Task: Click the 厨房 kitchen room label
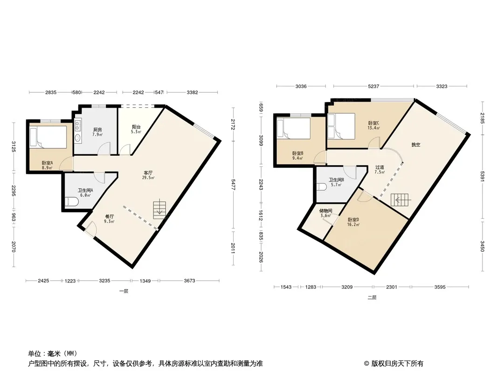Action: [x=97, y=130]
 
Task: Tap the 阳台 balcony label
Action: [x=136, y=127]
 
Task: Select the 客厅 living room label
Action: [x=148, y=173]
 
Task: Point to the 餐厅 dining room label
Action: [x=110, y=216]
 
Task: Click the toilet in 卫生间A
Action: [x=72, y=201]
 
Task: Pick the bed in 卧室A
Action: [x=48, y=137]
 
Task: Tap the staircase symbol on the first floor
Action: [x=159, y=209]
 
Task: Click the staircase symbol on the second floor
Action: [x=400, y=200]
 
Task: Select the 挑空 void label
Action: [x=416, y=145]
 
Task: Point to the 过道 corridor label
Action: [x=380, y=167]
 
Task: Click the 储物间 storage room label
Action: [x=326, y=211]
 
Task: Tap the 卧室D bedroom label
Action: [x=353, y=220]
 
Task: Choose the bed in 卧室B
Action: [x=293, y=128]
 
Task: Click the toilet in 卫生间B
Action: [x=322, y=187]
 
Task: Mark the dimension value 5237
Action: [x=373, y=86]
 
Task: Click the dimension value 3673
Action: [x=190, y=281]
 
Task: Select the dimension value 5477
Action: [x=234, y=185]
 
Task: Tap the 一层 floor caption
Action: [x=124, y=291]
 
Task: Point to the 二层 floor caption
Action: [x=372, y=297]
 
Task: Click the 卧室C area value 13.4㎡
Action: [x=374, y=128]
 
